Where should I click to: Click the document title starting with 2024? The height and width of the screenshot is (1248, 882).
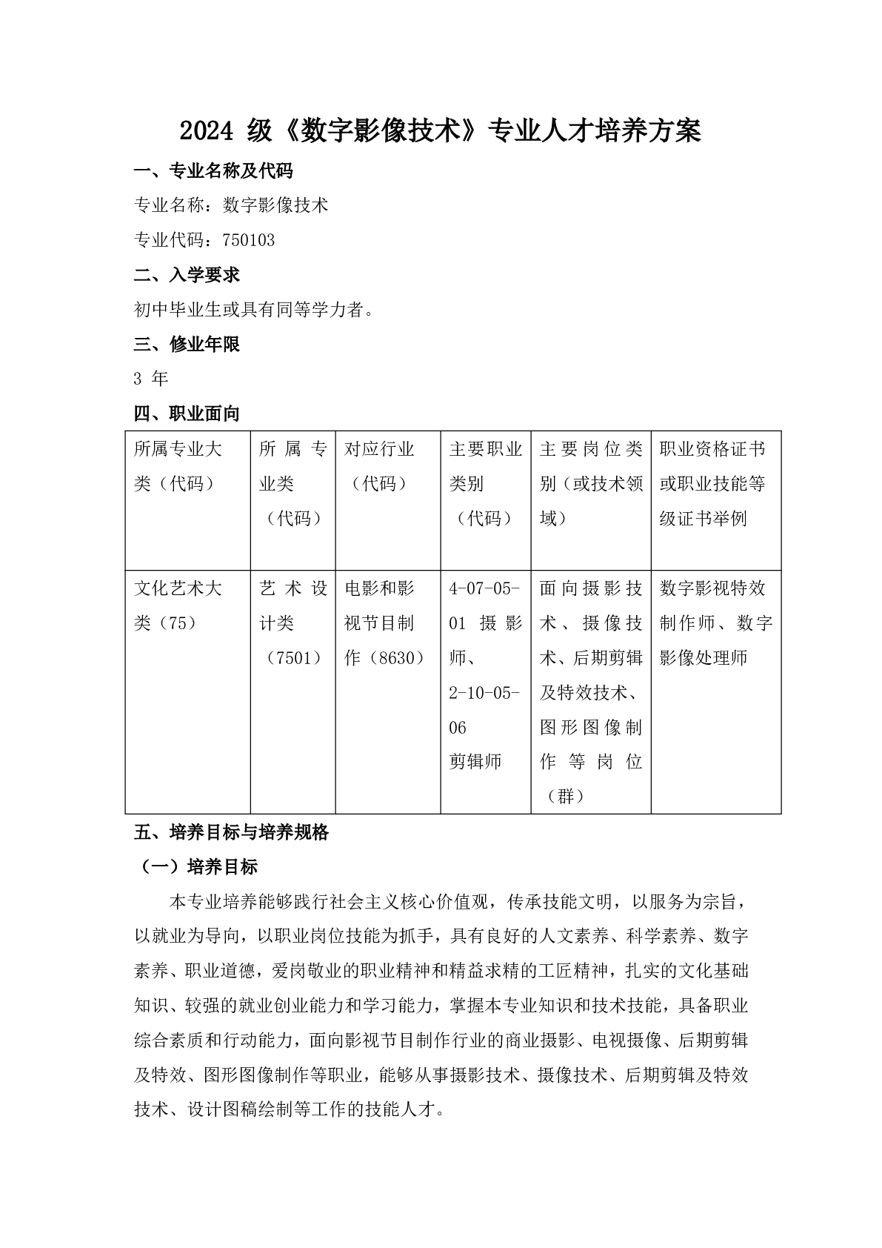point(440,132)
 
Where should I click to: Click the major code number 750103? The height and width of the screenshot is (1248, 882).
point(248,241)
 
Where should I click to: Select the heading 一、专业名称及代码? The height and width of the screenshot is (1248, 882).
point(213,171)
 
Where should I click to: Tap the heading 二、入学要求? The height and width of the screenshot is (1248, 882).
point(187,276)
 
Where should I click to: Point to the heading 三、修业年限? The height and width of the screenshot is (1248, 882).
point(187,345)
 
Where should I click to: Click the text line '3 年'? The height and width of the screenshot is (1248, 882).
point(151,379)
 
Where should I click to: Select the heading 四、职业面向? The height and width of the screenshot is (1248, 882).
point(187,414)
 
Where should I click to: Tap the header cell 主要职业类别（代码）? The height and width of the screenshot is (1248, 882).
point(485,484)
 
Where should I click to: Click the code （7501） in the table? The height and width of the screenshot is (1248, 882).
point(293,658)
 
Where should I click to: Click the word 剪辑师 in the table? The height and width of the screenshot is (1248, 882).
point(475,762)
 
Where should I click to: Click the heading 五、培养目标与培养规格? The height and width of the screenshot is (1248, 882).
point(231,833)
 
